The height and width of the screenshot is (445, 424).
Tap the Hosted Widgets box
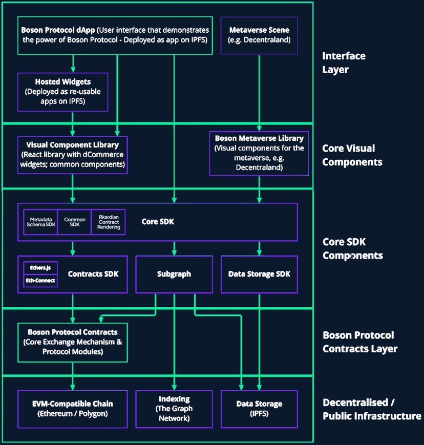[x=62, y=92]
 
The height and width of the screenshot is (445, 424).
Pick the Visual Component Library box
[x=72, y=155]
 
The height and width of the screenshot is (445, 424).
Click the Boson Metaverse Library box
[x=259, y=153]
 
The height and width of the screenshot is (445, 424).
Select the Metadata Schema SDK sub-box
[x=41, y=222]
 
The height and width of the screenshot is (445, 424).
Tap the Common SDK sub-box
[x=74, y=222]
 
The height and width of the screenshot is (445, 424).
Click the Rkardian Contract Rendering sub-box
[x=109, y=222]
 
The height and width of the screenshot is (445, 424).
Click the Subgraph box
[x=174, y=274]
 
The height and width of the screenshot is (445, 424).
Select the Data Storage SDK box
[x=259, y=274]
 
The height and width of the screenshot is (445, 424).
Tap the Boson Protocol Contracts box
[x=72, y=342]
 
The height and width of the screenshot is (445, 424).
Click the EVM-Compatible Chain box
[x=72, y=409]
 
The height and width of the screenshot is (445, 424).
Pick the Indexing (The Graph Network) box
[x=174, y=409]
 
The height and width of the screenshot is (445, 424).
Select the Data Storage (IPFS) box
[x=259, y=409]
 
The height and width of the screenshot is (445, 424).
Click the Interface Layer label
[x=344, y=62]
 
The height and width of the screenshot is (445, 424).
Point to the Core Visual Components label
[x=352, y=155]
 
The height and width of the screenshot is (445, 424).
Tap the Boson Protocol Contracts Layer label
[x=359, y=342]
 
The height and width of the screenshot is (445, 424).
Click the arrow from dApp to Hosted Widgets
[x=73, y=63]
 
